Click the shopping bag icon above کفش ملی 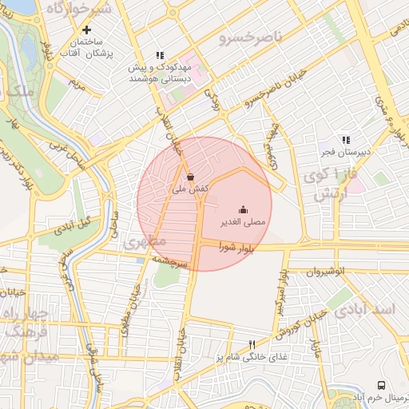[189, 177]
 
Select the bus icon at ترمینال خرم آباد [380, 385]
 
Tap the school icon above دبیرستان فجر [345, 140]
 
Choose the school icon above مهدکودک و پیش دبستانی [160, 55]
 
